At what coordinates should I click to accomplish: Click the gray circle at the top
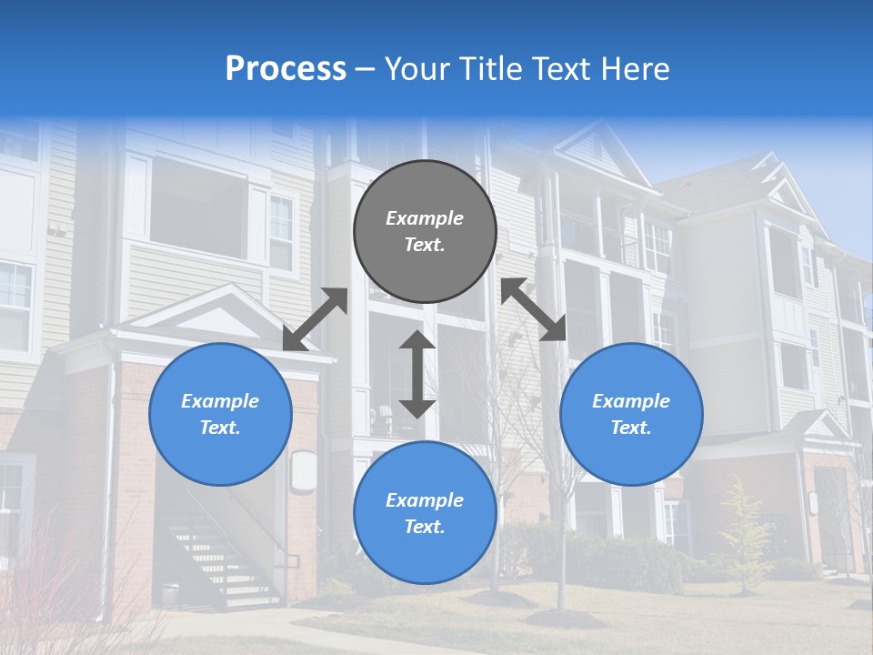[x=425, y=231]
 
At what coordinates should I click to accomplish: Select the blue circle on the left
[x=220, y=414]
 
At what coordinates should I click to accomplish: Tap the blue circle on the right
[x=631, y=414]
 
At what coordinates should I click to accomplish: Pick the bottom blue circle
[x=425, y=513]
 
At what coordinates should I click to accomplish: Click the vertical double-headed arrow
[x=417, y=374]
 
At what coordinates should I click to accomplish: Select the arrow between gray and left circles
[x=315, y=319]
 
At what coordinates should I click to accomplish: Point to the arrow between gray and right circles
[x=534, y=309]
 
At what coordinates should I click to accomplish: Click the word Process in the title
[x=286, y=68]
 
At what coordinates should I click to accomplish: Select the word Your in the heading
[x=416, y=68]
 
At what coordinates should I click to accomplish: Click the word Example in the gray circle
[x=425, y=218]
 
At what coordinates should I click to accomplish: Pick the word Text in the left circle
[x=220, y=428]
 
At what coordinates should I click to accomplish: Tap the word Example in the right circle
[x=631, y=401]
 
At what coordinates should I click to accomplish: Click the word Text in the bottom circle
[x=425, y=527]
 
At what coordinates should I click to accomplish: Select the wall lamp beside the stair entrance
[x=303, y=471]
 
